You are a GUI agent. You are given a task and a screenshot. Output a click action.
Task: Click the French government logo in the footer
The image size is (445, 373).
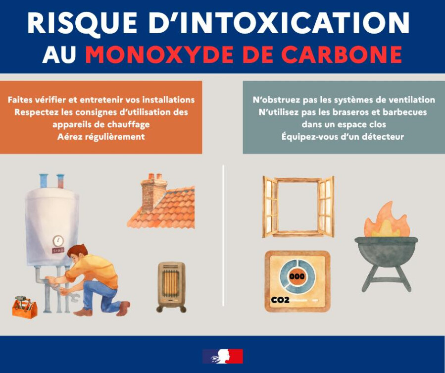point(223,356)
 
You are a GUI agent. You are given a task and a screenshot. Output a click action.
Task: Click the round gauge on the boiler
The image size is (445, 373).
point(58,241)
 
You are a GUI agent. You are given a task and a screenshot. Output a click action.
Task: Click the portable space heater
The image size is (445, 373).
point(172,287)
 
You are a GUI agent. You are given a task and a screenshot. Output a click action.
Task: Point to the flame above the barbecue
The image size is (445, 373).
point(387,221)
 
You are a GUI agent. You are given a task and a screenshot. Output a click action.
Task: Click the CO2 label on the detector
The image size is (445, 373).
point(280,300)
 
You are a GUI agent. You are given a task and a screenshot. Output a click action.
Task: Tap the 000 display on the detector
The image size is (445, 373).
point(297,276)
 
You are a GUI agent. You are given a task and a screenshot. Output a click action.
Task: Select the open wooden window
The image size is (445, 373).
point(298,207)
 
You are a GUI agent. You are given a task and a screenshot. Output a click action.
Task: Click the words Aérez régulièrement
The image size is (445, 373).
point(101,137)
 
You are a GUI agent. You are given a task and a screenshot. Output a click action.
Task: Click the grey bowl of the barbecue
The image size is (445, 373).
point(386,251)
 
